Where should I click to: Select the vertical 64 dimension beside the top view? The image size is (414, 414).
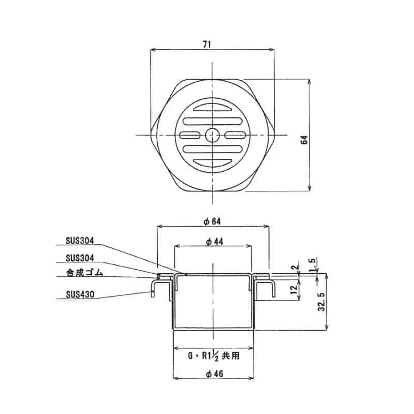[305, 139]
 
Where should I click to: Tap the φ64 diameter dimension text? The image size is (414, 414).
[212, 221]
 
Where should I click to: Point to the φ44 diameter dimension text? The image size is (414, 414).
[212, 242]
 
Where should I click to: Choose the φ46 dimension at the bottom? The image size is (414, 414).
[213, 376]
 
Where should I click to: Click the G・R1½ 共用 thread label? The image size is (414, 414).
[213, 356]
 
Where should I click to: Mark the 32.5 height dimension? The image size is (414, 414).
[321, 301]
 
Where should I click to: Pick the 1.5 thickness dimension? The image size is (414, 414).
[313, 263]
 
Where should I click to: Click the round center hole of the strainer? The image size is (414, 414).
[212, 135]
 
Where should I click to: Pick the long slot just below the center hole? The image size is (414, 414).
[212, 150]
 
